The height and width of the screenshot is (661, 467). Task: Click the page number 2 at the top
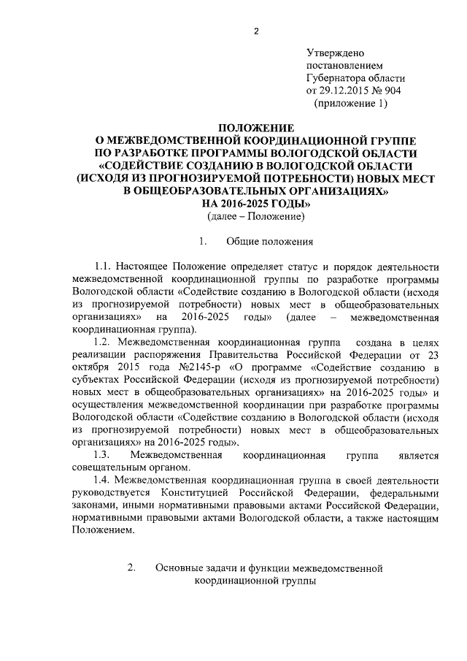[x=256, y=31]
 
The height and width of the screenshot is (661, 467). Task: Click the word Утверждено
[x=335, y=54]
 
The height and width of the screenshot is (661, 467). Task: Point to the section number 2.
[x=131, y=568]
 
